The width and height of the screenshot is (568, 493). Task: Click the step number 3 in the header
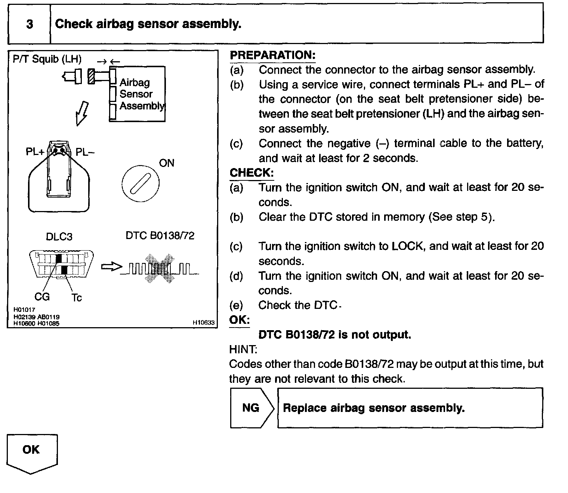point(30,24)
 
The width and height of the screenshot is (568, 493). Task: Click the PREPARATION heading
point(272,55)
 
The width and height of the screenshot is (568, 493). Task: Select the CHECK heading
point(251,173)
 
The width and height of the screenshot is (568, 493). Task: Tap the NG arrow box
point(251,407)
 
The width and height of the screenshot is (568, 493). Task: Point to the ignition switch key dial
point(140,183)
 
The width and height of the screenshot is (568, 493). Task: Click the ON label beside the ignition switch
point(167,163)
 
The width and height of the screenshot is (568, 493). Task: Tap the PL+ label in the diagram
point(35,152)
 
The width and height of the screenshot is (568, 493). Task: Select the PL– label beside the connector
point(84,152)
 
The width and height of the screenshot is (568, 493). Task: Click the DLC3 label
point(59,237)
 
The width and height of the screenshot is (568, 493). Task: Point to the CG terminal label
point(42,297)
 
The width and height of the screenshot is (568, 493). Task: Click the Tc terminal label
point(77,298)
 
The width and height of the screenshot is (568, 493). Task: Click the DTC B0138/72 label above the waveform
point(160,236)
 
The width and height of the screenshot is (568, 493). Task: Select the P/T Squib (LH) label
point(47,59)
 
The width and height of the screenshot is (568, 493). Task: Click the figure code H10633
point(204,323)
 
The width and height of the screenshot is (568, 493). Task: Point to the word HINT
point(243,350)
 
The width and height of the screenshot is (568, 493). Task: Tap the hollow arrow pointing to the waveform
point(111,267)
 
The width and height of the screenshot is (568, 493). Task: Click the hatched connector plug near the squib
point(90,76)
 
